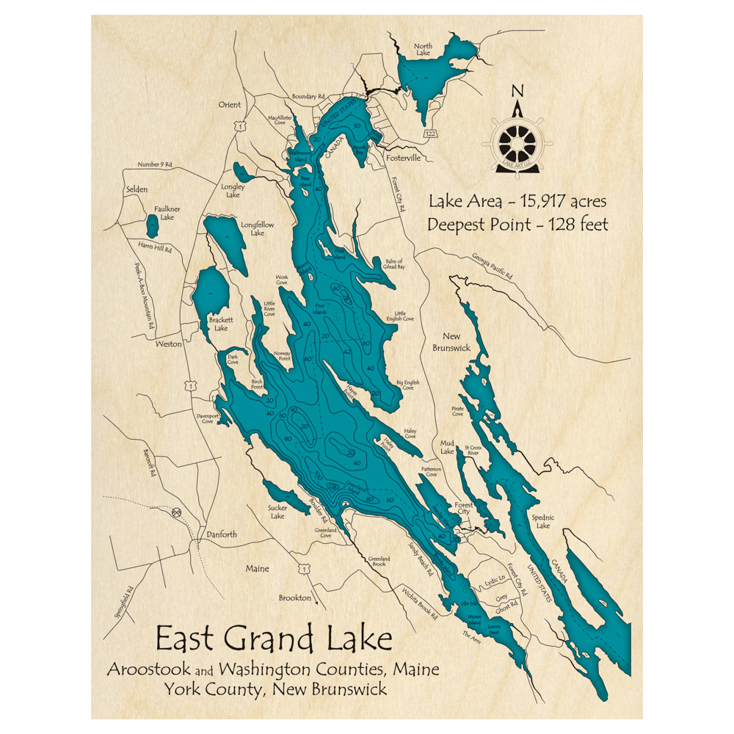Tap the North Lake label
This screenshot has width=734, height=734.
(x=423, y=49)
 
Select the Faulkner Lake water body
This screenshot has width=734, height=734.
(x=152, y=226)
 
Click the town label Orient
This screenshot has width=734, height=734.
(x=229, y=104)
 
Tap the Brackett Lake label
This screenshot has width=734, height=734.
(x=221, y=324)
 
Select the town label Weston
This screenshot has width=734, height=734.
(x=168, y=344)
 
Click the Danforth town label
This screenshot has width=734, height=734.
(x=221, y=534)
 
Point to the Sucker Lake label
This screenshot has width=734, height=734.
(x=277, y=512)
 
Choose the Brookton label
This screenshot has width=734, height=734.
(x=294, y=597)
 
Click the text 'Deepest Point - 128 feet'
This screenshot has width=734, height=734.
(x=517, y=225)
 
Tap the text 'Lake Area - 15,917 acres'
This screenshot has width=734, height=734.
(x=517, y=200)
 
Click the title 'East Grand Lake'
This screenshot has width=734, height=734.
(x=274, y=639)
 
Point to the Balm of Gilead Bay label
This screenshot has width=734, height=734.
(x=389, y=264)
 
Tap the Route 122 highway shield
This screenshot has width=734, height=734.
(x=430, y=133)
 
